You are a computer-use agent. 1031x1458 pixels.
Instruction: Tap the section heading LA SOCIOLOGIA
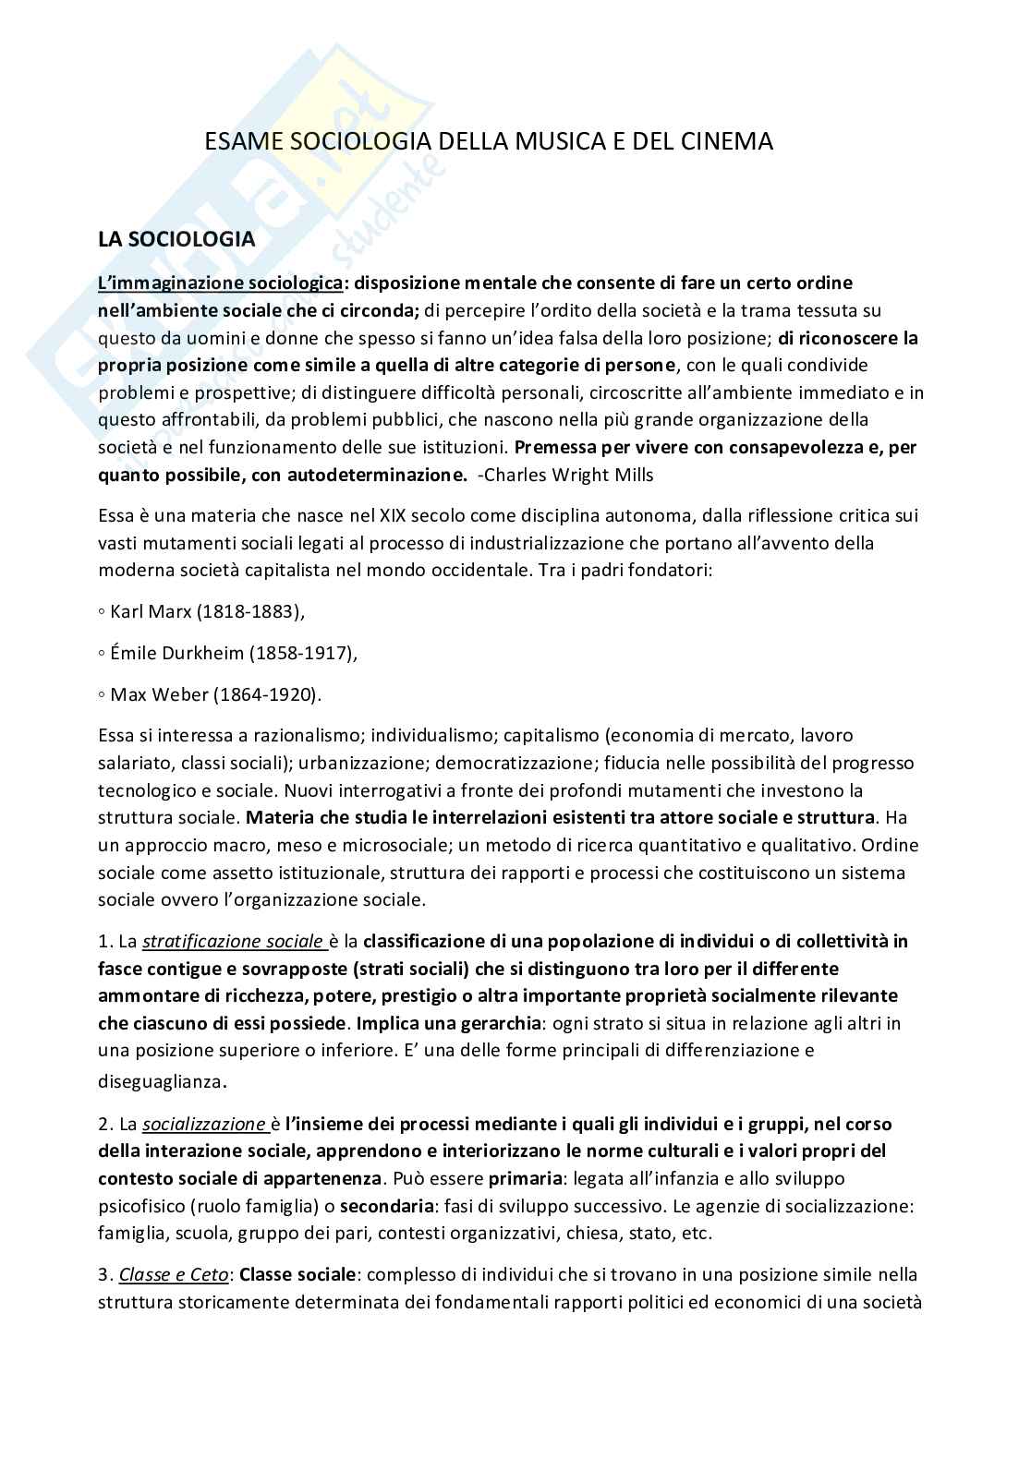pyautogui.click(x=176, y=239)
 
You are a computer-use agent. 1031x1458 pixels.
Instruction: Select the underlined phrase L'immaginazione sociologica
pyautogui.click(x=221, y=282)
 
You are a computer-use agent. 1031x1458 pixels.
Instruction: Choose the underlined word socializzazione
pyautogui.click(x=206, y=1124)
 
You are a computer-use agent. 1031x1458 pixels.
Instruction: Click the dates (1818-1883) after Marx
pyautogui.click(x=254, y=611)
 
